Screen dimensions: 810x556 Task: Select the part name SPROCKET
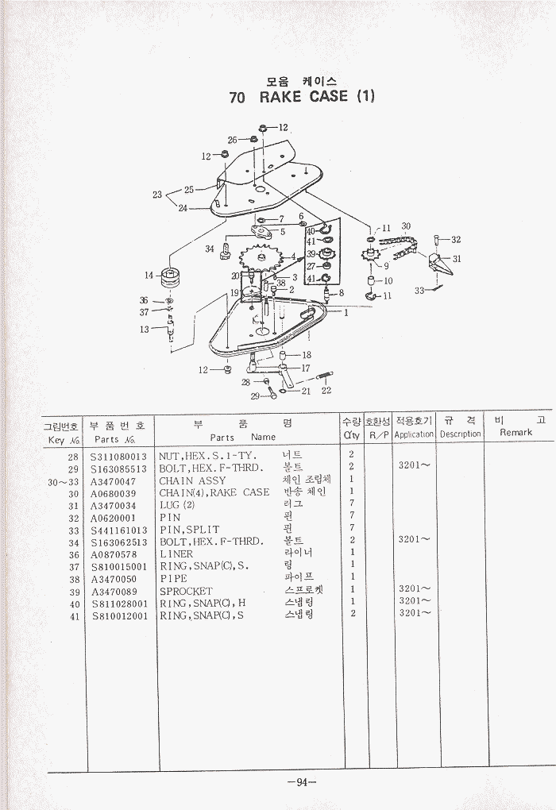click(x=186, y=591)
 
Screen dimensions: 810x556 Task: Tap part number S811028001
click(x=119, y=604)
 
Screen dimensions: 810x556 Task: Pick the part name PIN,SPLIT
click(x=189, y=530)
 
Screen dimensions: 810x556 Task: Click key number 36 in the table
click(x=74, y=554)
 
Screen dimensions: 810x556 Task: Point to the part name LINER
click(x=176, y=553)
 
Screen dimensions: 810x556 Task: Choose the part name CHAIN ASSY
click(x=192, y=480)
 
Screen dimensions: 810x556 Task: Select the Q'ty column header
click(x=351, y=434)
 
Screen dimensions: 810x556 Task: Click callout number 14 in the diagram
click(x=149, y=276)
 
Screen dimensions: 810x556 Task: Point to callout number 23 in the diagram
click(x=157, y=195)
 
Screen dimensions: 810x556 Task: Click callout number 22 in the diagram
click(x=326, y=390)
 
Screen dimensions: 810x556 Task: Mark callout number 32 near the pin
click(x=456, y=239)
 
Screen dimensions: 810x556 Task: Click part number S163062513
click(x=119, y=542)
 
